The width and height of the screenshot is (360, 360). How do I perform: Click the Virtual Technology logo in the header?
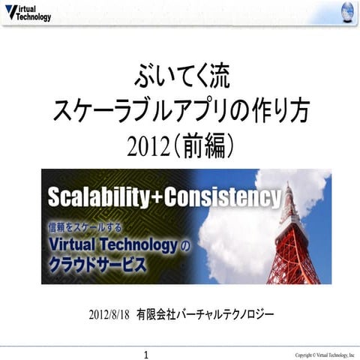coord(28,13)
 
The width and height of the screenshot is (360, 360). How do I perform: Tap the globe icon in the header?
coord(346,12)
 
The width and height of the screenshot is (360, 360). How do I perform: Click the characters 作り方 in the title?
coord(280,112)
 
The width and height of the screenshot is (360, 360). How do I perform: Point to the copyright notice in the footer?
coord(324,353)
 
